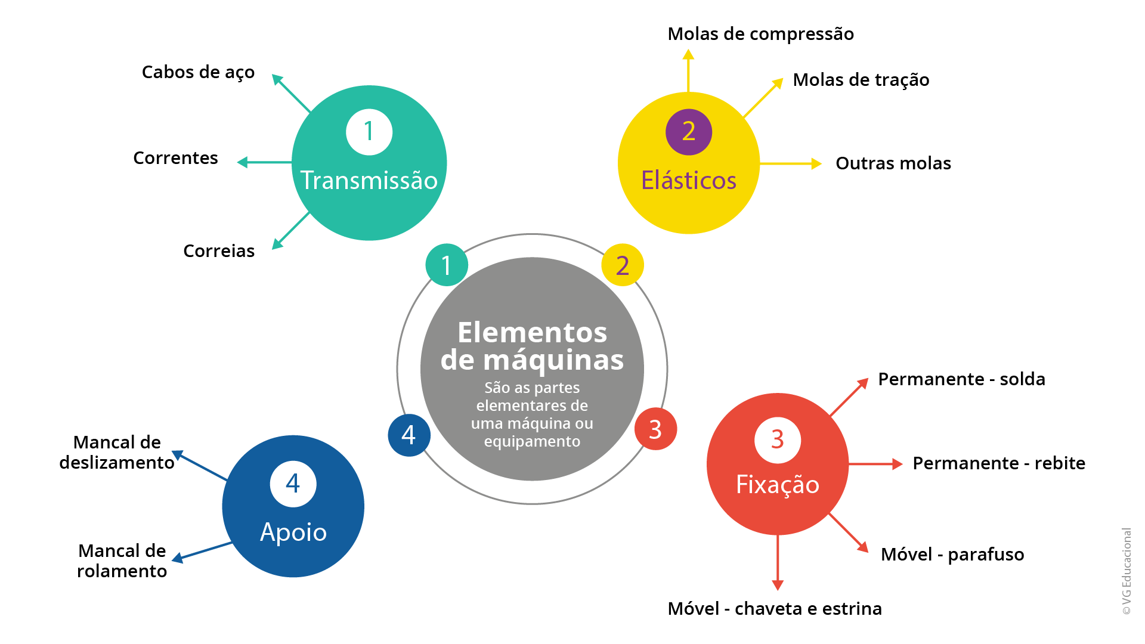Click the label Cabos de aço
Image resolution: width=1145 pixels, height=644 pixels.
pos(198,73)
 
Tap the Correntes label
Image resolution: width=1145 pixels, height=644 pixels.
pos(175,158)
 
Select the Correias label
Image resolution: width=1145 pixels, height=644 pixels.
pos(219,251)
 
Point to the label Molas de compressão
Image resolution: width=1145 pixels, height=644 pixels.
pos(760,34)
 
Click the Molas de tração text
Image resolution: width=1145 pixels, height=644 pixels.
pos(861,80)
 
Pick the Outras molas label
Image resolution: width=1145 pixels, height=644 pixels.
pos(893,163)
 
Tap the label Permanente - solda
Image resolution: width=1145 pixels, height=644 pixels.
pos(961,379)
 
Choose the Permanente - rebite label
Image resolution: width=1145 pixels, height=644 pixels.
pos(999,463)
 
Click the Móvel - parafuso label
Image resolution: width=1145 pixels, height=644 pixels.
pos(952,555)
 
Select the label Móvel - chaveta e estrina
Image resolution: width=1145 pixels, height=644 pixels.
pos(775,609)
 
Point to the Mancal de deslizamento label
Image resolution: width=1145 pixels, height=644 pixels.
pos(117,453)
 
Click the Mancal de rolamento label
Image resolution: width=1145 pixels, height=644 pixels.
pos(122,561)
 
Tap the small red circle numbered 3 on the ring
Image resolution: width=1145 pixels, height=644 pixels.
pos(655,429)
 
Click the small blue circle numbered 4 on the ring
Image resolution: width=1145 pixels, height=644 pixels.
pos(409,435)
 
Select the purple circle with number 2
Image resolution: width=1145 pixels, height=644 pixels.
pos(689,132)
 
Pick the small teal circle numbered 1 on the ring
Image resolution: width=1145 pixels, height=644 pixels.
pos(446,265)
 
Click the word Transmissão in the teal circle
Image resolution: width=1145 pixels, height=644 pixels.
pos(369,181)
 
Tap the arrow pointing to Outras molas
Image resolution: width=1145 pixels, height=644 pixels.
pos(791,163)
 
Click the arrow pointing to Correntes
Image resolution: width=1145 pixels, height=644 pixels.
pos(264,162)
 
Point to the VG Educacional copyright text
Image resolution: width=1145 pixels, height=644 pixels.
pos(1126,571)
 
